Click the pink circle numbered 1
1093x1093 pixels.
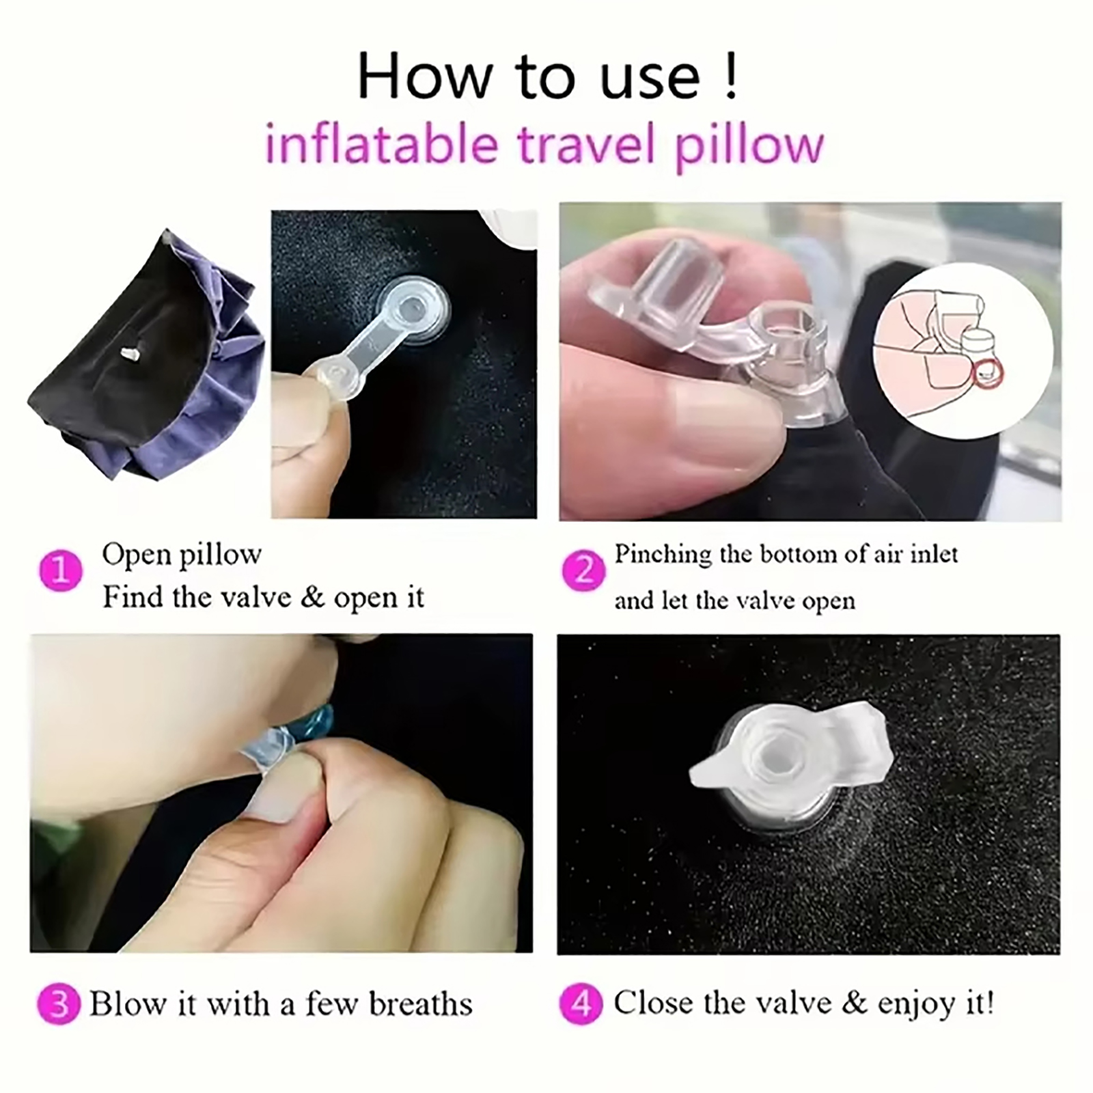(61, 570)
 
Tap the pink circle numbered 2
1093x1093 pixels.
(583, 570)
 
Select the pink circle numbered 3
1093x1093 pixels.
(59, 1004)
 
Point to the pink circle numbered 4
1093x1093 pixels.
(581, 1004)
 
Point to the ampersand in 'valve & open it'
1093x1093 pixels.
(312, 597)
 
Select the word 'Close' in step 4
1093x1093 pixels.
(652, 1004)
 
